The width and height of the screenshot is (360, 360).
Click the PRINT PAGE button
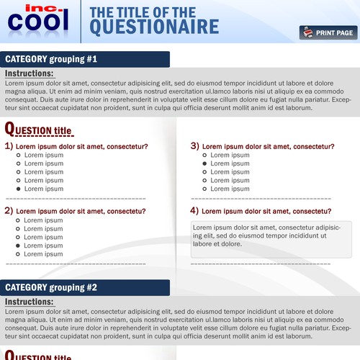point(328,32)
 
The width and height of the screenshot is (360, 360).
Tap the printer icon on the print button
point(307,32)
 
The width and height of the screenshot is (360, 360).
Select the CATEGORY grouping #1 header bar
point(86,59)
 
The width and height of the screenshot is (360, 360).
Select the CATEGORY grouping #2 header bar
point(86,287)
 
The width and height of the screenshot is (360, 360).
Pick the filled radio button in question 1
point(19,189)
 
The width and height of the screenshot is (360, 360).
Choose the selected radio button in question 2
point(19,246)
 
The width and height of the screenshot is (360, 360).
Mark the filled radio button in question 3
point(204,163)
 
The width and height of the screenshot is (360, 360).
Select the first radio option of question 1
point(19,155)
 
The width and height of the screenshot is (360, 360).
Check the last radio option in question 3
point(204,189)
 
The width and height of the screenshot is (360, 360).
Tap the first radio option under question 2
point(19,220)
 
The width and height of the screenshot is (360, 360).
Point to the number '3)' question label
point(194,145)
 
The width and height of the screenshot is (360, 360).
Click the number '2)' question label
point(9,211)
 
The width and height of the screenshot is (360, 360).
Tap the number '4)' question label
point(194,211)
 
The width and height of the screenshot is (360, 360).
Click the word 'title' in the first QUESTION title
point(63,131)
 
